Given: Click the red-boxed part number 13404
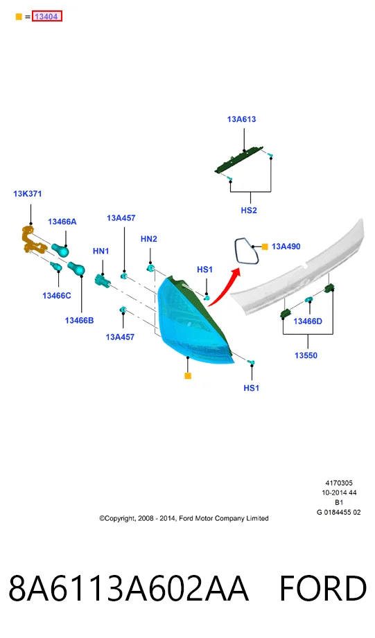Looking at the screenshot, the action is pyautogui.click(x=47, y=17).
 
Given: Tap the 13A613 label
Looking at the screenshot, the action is pyautogui.click(x=241, y=119).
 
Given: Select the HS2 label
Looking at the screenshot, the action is pyautogui.click(x=249, y=211).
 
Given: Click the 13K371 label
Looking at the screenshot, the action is pyautogui.click(x=27, y=194).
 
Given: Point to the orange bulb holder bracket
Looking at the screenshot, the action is pyautogui.click(x=32, y=241).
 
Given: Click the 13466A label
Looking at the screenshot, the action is pyautogui.click(x=62, y=222).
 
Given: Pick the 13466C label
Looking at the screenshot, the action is pyautogui.click(x=57, y=296).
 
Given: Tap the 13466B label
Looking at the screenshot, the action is pyautogui.click(x=79, y=321).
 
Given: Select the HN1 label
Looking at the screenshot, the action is pyautogui.click(x=101, y=251).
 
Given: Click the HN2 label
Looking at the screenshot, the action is pyautogui.click(x=148, y=239).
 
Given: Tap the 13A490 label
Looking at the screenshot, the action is pyautogui.click(x=286, y=247).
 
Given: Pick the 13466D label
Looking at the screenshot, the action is pyautogui.click(x=308, y=321).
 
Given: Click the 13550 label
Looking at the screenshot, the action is pyautogui.click(x=306, y=355).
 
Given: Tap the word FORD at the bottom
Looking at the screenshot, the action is pyautogui.click(x=323, y=588).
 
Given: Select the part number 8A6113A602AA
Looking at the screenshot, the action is pyautogui.click(x=129, y=588).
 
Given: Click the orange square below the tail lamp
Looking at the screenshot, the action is pyautogui.click(x=188, y=376).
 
